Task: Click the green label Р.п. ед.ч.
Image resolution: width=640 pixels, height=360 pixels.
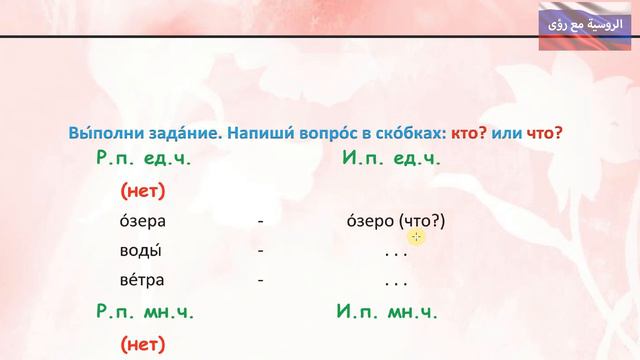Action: (x=143, y=158)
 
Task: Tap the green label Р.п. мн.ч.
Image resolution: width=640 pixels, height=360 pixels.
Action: (x=145, y=311)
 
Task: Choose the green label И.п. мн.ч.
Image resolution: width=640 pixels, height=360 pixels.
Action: (x=390, y=311)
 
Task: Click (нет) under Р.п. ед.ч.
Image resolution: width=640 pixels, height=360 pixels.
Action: (x=142, y=189)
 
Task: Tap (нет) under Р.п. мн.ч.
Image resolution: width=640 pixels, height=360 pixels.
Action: (x=142, y=345)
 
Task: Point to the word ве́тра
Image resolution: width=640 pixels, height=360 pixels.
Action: (x=141, y=280)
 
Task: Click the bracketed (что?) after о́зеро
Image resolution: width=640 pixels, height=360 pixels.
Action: (x=421, y=220)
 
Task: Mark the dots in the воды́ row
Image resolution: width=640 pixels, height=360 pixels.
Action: (x=397, y=251)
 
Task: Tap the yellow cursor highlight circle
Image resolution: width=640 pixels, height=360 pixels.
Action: (x=417, y=236)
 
